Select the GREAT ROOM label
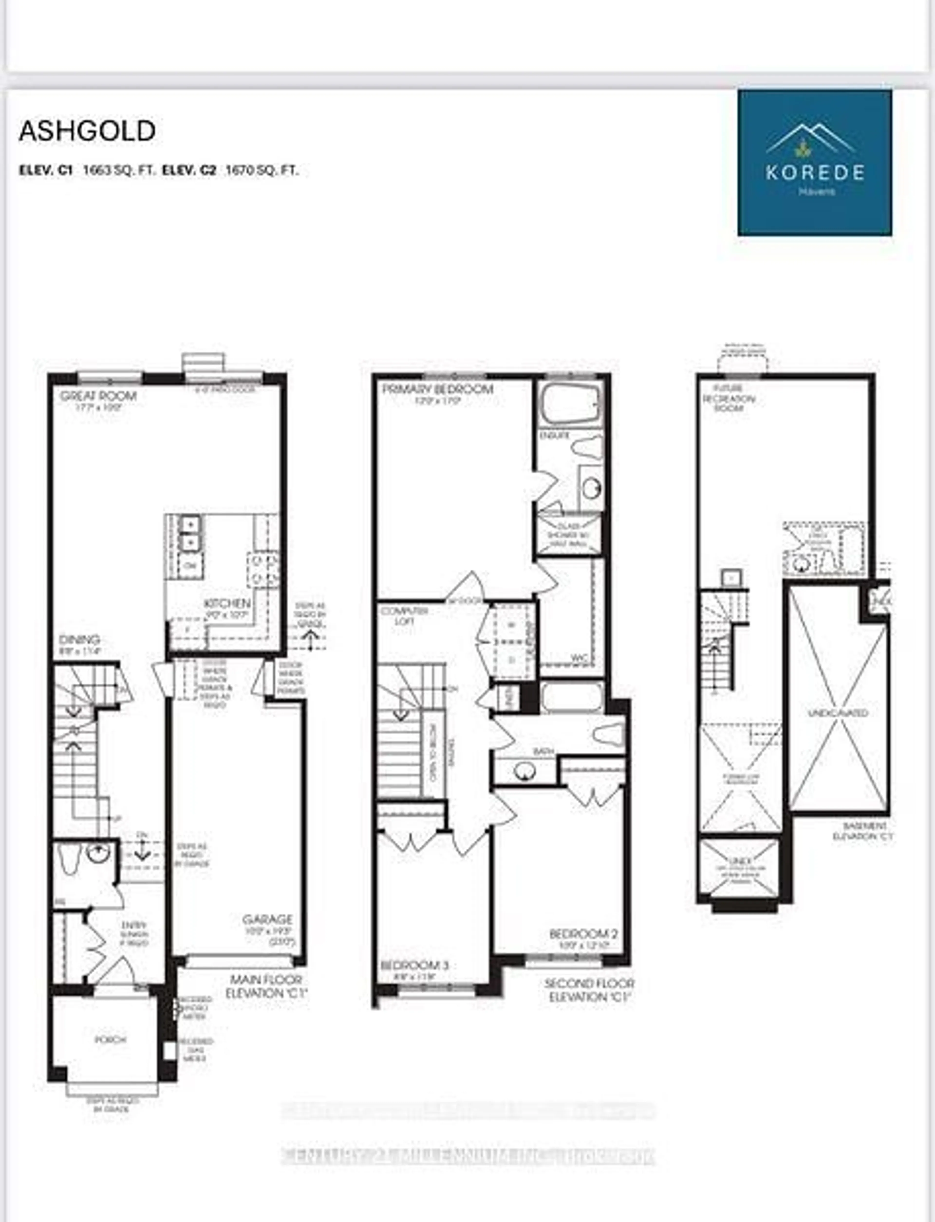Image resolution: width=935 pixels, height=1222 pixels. (x=98, y=396)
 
